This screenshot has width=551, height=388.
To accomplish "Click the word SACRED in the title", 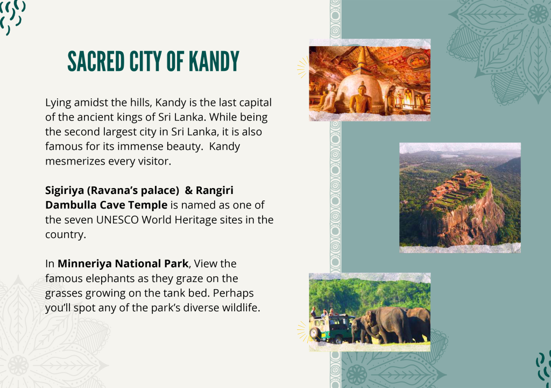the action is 96,61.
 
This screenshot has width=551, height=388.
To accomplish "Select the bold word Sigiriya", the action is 65,190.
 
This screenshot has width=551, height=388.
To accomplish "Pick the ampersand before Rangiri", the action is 189,190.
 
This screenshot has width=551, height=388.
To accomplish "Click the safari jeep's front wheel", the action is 315,332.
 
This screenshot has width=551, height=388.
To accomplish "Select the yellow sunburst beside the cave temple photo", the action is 302,67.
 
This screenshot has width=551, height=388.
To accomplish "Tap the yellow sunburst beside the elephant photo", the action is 302,332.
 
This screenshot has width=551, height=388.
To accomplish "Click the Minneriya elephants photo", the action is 370,312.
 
